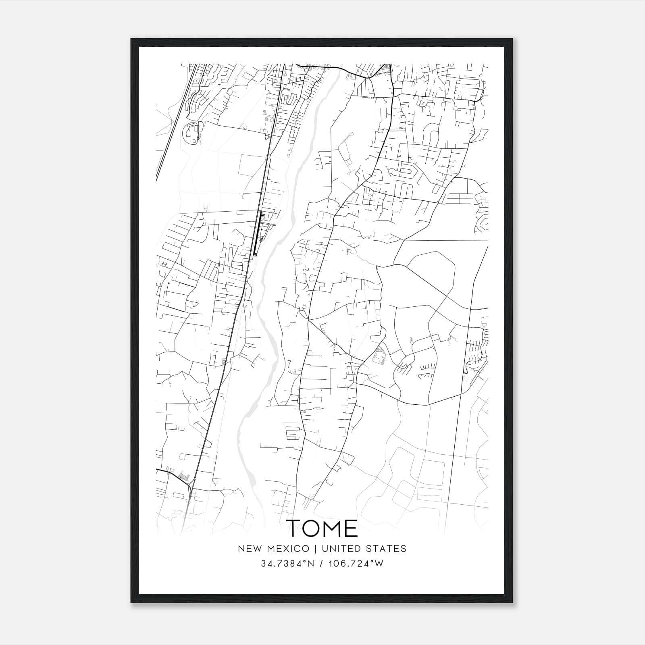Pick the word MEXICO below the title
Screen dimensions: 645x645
(290, 549)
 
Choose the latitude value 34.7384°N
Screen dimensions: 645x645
(287, 564)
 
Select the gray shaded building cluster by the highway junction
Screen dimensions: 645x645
(184, 476)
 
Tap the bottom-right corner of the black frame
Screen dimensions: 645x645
(512, 602)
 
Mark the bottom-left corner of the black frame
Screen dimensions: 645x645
(131, 602)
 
